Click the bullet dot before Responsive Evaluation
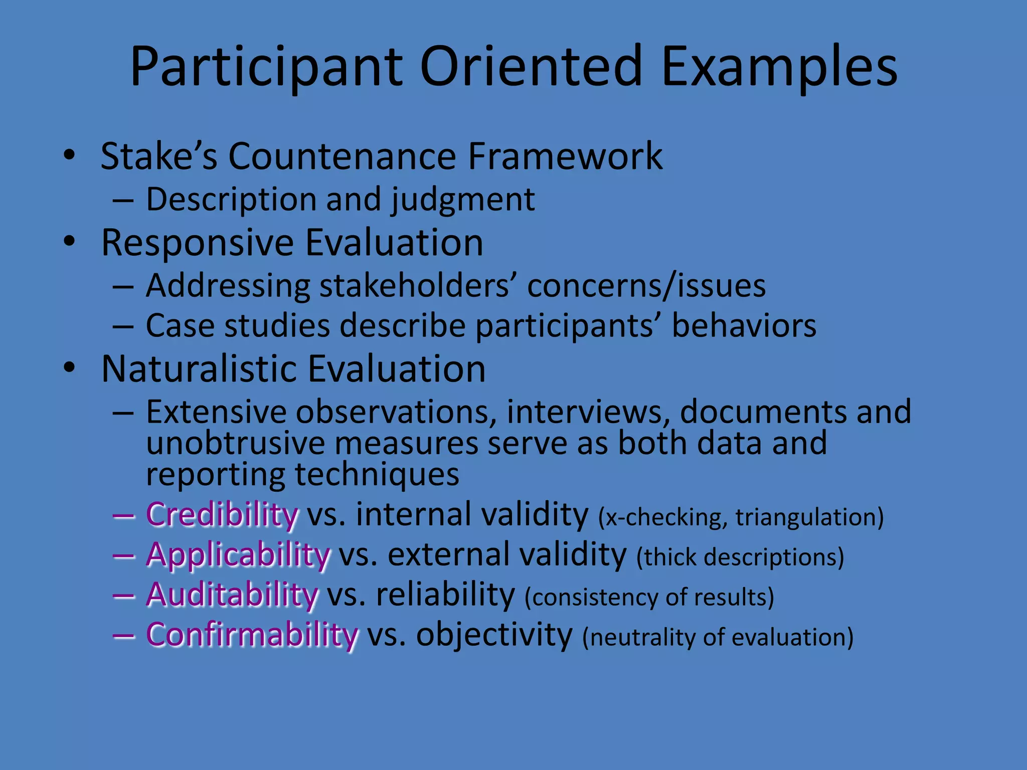point(69,242)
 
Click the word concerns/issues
point(646,286)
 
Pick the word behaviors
point(744,326)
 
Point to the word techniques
point(377,474)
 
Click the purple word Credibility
point(222,515)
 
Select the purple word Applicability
point(238,555)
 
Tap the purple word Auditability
point(232,595)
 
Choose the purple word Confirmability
point(252,635)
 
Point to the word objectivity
point(494,635)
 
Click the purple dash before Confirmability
point(123,636)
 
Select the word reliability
point(445,595)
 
